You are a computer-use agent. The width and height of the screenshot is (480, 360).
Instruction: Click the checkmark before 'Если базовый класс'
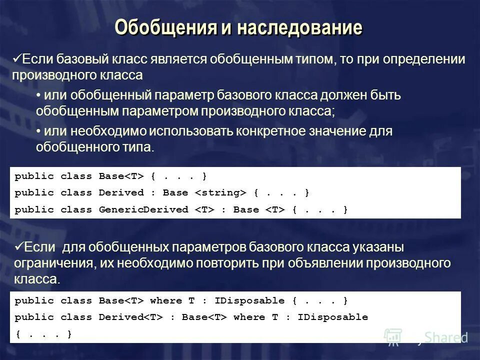17,59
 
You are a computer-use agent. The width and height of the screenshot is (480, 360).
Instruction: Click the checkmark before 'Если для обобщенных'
17,246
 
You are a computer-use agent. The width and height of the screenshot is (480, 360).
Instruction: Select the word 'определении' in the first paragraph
424,60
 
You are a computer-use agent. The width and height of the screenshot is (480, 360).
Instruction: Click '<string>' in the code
220,192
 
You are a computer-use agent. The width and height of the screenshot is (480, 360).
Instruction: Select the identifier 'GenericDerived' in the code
143,209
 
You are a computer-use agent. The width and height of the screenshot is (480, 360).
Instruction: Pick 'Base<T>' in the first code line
121,176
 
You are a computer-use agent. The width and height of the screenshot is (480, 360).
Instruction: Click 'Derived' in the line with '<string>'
121,192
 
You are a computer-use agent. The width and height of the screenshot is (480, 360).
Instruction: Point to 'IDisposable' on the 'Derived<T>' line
332,317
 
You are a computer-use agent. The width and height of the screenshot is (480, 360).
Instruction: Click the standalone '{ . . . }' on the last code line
43,333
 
